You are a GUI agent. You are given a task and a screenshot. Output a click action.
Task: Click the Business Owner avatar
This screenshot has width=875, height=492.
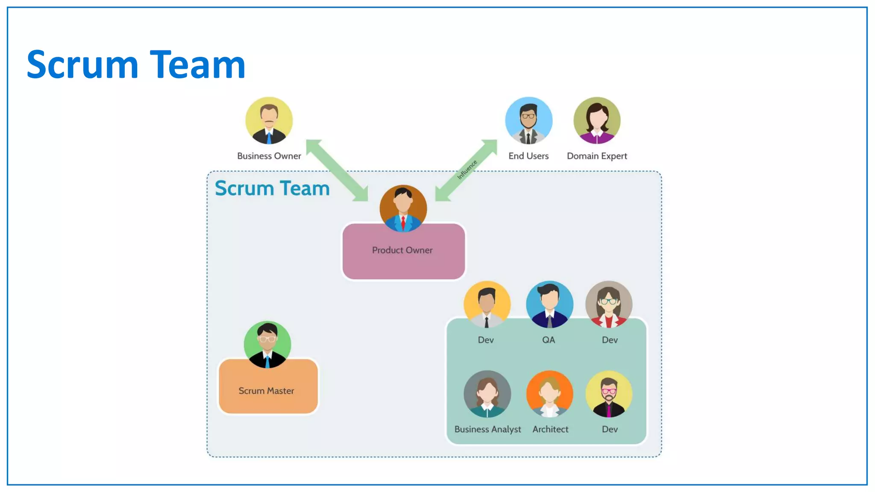pyautogui.click(x=269, y=120)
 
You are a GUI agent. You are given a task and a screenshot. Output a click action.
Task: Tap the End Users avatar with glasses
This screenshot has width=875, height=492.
pyautogui.click(x=529, y=120)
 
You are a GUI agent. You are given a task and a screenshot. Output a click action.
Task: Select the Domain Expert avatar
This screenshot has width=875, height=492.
pyautogui.click(x=597, y=120)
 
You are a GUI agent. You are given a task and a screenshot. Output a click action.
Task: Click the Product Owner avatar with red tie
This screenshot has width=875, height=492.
pyautogui.click(x=403, y=208)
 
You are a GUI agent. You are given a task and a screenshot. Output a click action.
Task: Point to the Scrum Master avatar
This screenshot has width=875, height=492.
pyautogui.click(x=267, y=344)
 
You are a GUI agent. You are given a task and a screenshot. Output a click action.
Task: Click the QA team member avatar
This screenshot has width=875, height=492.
pyautogui.click(x=549, y=304)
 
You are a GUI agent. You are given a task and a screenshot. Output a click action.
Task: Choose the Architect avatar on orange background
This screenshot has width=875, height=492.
pyautogui.click(x=549, y=394)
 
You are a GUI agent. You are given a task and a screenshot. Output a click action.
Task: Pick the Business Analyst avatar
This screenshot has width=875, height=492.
pyautogui.click(x=487, y=394)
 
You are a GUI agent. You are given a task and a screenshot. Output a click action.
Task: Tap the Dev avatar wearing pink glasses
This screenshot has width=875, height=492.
pyautogui.click(x=609, y=394)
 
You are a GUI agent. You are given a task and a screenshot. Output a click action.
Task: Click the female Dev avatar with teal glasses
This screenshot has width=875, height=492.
pyautogui.click(x=609, y=304)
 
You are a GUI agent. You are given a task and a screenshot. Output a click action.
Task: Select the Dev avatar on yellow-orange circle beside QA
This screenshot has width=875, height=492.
pyautogui.click(x=487, y=304)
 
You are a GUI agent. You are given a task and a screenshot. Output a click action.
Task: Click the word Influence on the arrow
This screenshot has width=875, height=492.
pyautogui.click(x=467, y=170)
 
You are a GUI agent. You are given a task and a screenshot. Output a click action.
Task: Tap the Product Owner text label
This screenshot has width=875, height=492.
pyautogui.click(x=402, y=250)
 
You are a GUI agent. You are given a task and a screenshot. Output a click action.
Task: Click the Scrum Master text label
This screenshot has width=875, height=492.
pyautogui.click(x=266, y=391)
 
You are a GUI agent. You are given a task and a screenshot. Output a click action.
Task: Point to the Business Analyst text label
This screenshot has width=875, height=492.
pyautogui.click(x=487, y=429)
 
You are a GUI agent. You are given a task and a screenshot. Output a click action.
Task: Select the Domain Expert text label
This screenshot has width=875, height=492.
pyautogui.click(x=597, y=156)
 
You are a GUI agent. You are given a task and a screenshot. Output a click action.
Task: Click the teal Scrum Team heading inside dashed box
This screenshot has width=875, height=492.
pyautogui.click(x=272, y=188)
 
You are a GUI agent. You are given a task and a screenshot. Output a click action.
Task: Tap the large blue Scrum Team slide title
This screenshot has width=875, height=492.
pyautogui.click(x=136, y=64)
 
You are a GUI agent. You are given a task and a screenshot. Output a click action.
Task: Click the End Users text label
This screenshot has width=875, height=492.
pyautogui.click(x=529, y=156)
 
